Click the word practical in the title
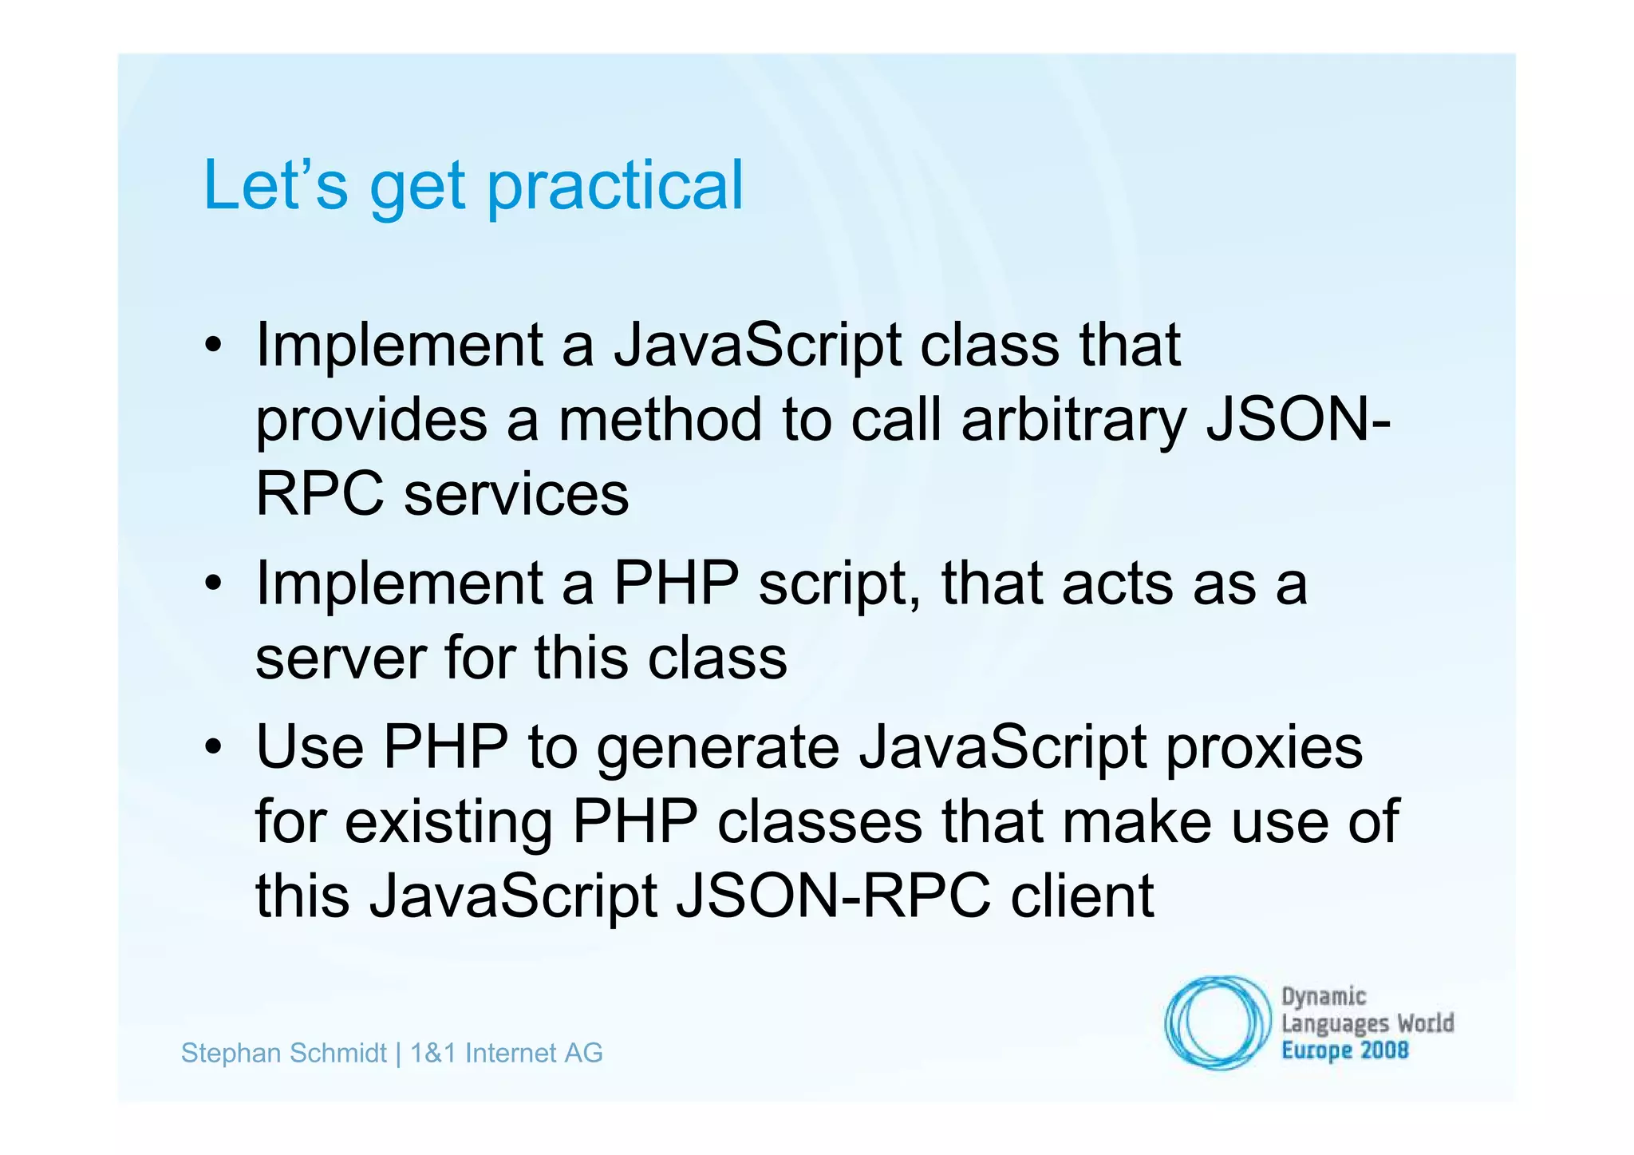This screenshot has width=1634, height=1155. pos(615,187)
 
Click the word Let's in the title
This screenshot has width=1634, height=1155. pos(275,185)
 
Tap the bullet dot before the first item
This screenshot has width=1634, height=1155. pos(212,347)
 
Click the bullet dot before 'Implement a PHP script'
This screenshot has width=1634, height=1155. pos(212,585)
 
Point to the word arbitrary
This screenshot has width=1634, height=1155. pos(1074,421)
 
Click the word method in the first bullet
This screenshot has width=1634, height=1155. pos(659,421)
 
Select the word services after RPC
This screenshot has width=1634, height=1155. pos(516,495)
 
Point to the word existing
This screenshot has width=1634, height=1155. pos(448,822)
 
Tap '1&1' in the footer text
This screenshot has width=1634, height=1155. pos(433,1054)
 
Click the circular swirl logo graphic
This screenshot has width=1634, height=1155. pos(1218,1022)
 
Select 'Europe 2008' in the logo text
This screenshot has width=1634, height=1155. pos(1344,1050)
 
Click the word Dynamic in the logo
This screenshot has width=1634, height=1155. pos(1324,996)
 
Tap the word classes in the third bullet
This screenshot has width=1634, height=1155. pos(819,822)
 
